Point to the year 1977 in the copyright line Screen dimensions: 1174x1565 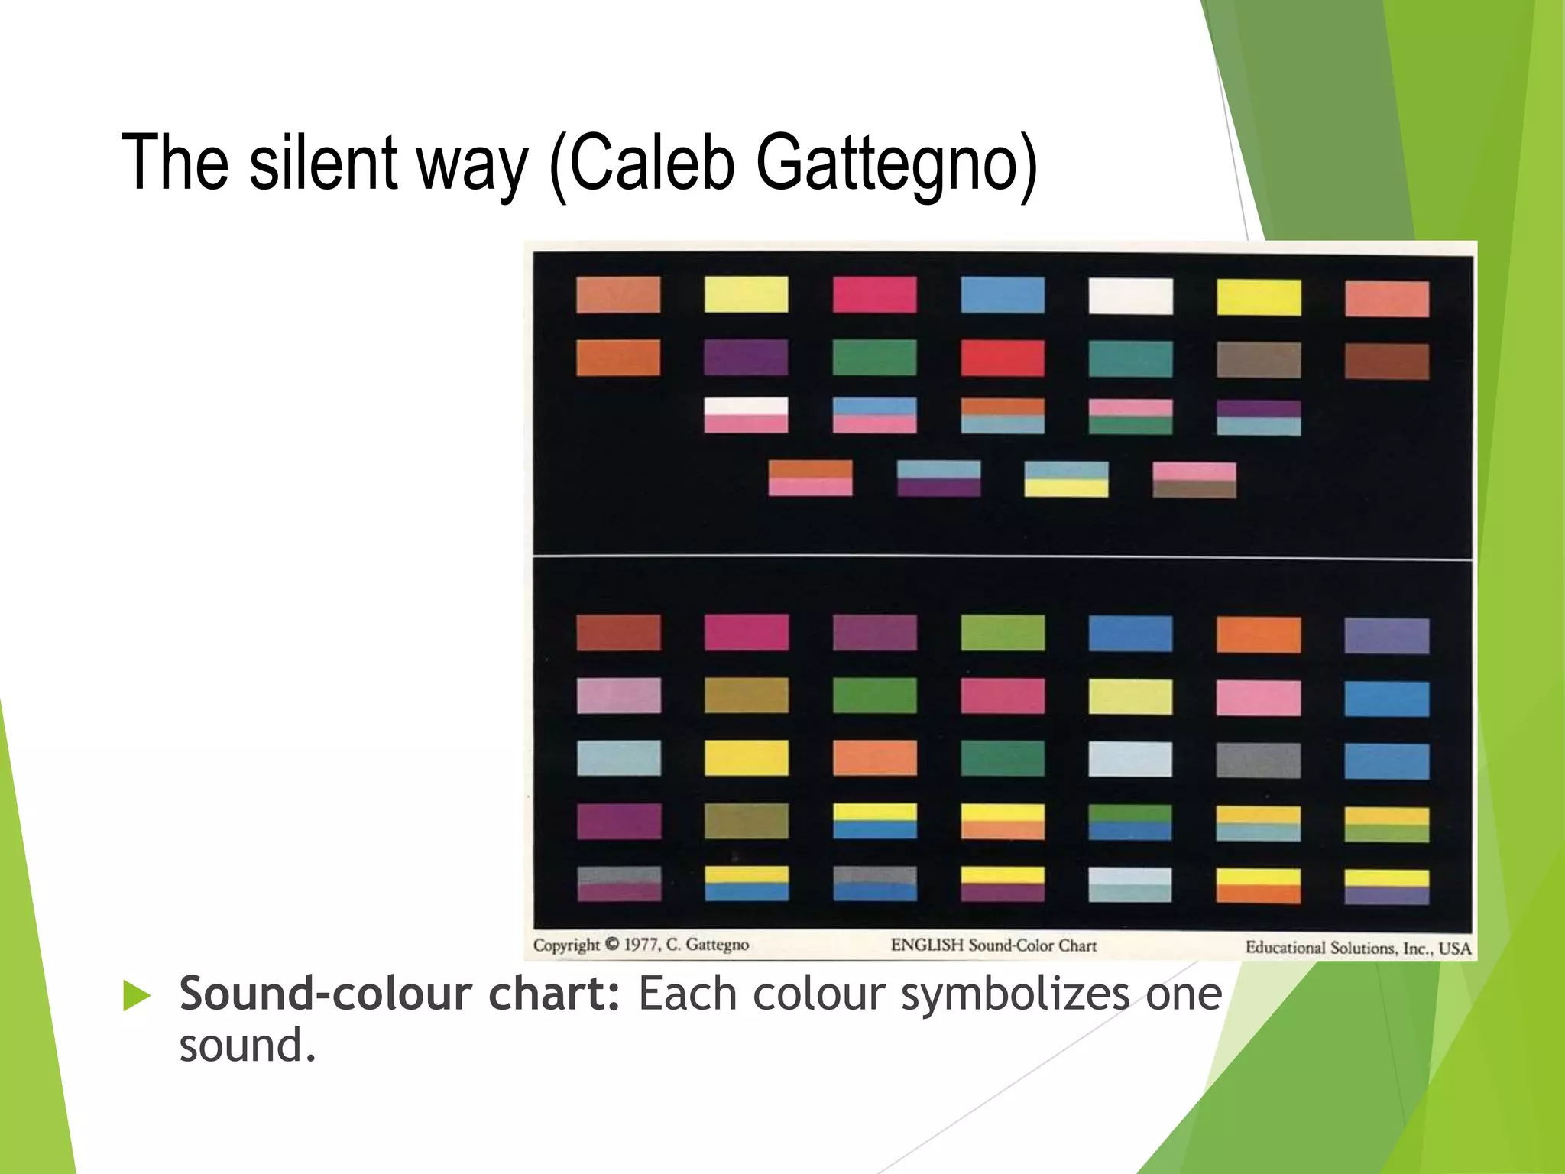641,945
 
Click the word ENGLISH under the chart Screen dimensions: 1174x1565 927,945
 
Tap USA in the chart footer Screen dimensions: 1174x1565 1454,949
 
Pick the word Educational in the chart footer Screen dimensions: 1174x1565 1286,948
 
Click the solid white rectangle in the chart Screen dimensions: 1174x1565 1131,296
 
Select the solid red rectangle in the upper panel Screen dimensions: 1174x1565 1003,358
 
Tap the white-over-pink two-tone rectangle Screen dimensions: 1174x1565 746,415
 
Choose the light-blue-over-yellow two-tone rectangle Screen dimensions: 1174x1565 1066,479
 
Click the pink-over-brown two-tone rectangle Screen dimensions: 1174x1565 1194,480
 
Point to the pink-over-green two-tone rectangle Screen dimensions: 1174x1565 1131,417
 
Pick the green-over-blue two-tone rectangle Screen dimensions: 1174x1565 1130,822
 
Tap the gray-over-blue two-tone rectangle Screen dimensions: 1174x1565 875,884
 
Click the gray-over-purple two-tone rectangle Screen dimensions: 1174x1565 619,884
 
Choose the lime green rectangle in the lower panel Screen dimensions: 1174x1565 1003,633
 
